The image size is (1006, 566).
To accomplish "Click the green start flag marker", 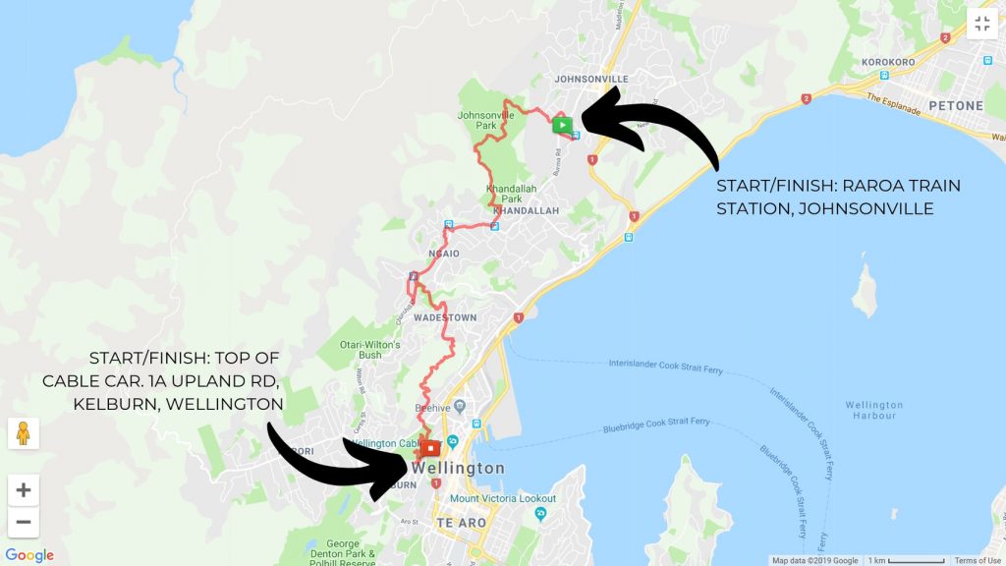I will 561,125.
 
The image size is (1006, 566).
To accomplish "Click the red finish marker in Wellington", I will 431,449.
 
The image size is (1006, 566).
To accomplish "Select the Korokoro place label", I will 888,60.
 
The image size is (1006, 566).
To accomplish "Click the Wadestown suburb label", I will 445,318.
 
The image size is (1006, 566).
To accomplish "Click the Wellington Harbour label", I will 873,411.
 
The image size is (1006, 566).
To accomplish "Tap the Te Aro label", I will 461,524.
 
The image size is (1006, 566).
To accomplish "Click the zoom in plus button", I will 24,489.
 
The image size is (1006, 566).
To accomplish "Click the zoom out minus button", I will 24,522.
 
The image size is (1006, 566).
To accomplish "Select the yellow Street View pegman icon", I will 24,432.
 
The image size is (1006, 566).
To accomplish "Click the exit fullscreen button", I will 981,24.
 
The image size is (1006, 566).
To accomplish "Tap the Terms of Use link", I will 978,560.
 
